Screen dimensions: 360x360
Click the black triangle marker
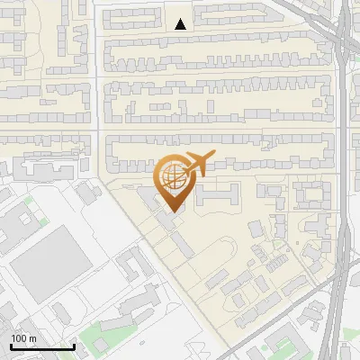pos(181,24)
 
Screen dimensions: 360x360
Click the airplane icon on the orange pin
pos(199,164)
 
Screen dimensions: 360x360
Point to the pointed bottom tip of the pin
pos(173,211)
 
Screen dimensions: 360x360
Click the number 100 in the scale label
pos(20,338)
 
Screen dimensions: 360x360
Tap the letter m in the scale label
pos(33,338)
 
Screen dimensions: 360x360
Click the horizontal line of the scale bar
pos(41,346)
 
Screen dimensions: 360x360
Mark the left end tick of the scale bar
pos(10,345)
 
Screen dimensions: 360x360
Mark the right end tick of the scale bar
pos(74,345)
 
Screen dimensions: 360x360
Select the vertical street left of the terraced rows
pos(96,90)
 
